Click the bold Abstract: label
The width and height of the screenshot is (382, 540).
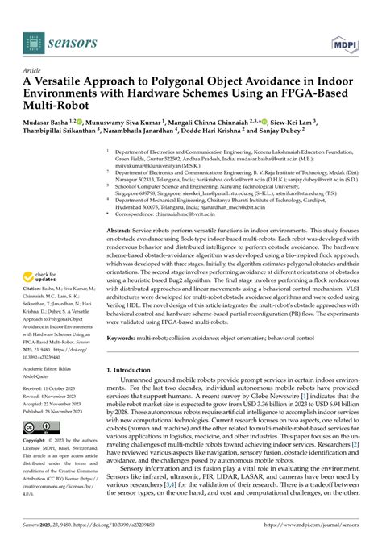[121, 230]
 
